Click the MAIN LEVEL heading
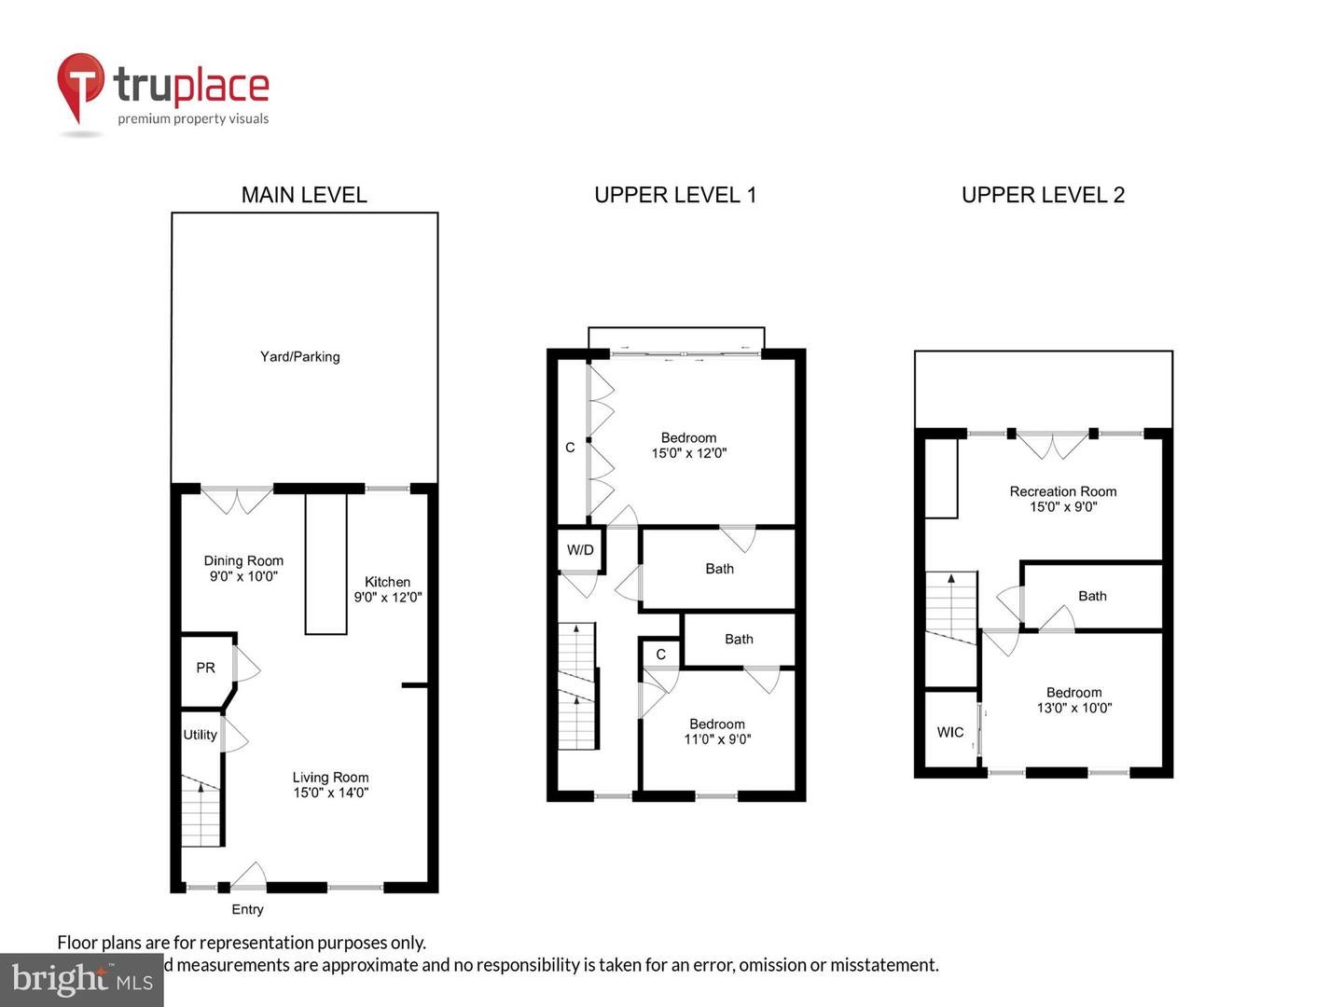[x=304, y=195]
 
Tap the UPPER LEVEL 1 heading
[x=675, y=195]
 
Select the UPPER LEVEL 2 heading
[x=1043, y=195]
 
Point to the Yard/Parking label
[x=299, y=356]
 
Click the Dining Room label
[x=243, y=560]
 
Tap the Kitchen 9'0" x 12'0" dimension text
[x=388, y=597]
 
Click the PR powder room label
[x=205, y=668]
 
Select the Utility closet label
[x=200, y=735]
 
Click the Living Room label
[x=330, y=777]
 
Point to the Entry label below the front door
[x=247, y=909]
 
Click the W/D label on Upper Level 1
[x=580, y=550]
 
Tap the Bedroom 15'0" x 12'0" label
[x=688, y=445]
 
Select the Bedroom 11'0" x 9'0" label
[x=716, y=731]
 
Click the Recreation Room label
[x=1062, y=491]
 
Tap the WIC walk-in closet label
[x=950, y=732]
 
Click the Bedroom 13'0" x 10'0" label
[x=1073, y=699]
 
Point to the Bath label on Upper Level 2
[x=1092, y=596]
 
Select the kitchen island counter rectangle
[x=326, y=564]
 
